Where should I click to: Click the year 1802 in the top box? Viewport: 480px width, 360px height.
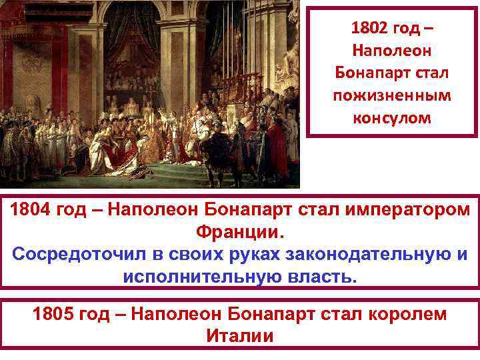tap(369, 30)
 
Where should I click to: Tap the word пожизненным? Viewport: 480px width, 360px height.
tap(392, 96)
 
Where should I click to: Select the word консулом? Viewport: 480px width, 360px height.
tap(392, 118)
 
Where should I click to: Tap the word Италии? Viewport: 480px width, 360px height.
tap(240, 335)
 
